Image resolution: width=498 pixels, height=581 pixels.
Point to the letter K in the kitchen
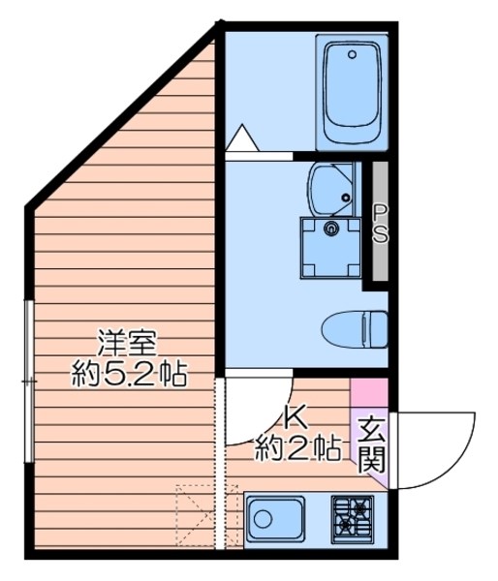tap(294, 417)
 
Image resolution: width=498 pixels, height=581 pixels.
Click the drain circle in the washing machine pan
tap(331, 229)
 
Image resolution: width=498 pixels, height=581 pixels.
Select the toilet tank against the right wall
tap(382, 327)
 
